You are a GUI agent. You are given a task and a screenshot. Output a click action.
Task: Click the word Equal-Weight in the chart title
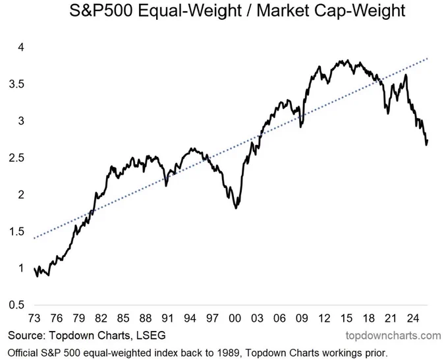(184, 11)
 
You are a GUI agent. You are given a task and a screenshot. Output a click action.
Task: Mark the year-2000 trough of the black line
(237, 208)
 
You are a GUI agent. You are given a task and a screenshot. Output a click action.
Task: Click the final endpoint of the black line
(428, 140)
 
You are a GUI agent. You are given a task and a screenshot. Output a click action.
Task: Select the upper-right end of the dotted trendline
(428, 58)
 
